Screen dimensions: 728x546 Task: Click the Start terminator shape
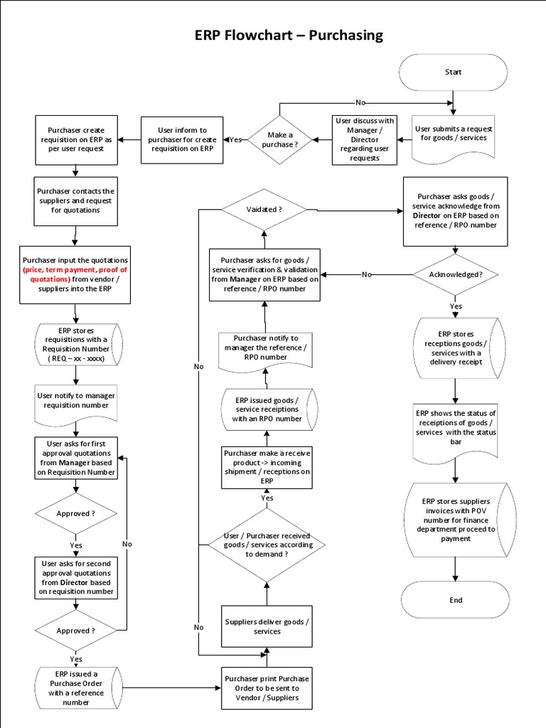click(x=453, y=72)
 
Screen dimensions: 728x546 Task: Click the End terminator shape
click(x=455, y=600)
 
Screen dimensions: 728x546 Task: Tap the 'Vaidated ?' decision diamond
click(x=264, y=210)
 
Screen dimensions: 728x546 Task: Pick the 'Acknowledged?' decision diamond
click(x=456, y=274)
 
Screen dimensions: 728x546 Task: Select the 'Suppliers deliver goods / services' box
click(x=267, y=626)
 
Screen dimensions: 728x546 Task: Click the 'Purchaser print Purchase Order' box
click(x=267, y=687)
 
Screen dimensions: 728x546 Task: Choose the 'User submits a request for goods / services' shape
click(x=454, y=133)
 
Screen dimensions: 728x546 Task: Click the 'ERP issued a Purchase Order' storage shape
click(x=77, y=687)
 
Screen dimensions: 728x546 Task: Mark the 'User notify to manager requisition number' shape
click(x=75, y=400)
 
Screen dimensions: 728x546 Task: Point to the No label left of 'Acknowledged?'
click(x=366, y=274)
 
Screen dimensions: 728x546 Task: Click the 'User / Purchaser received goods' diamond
click(x=267, y=544)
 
